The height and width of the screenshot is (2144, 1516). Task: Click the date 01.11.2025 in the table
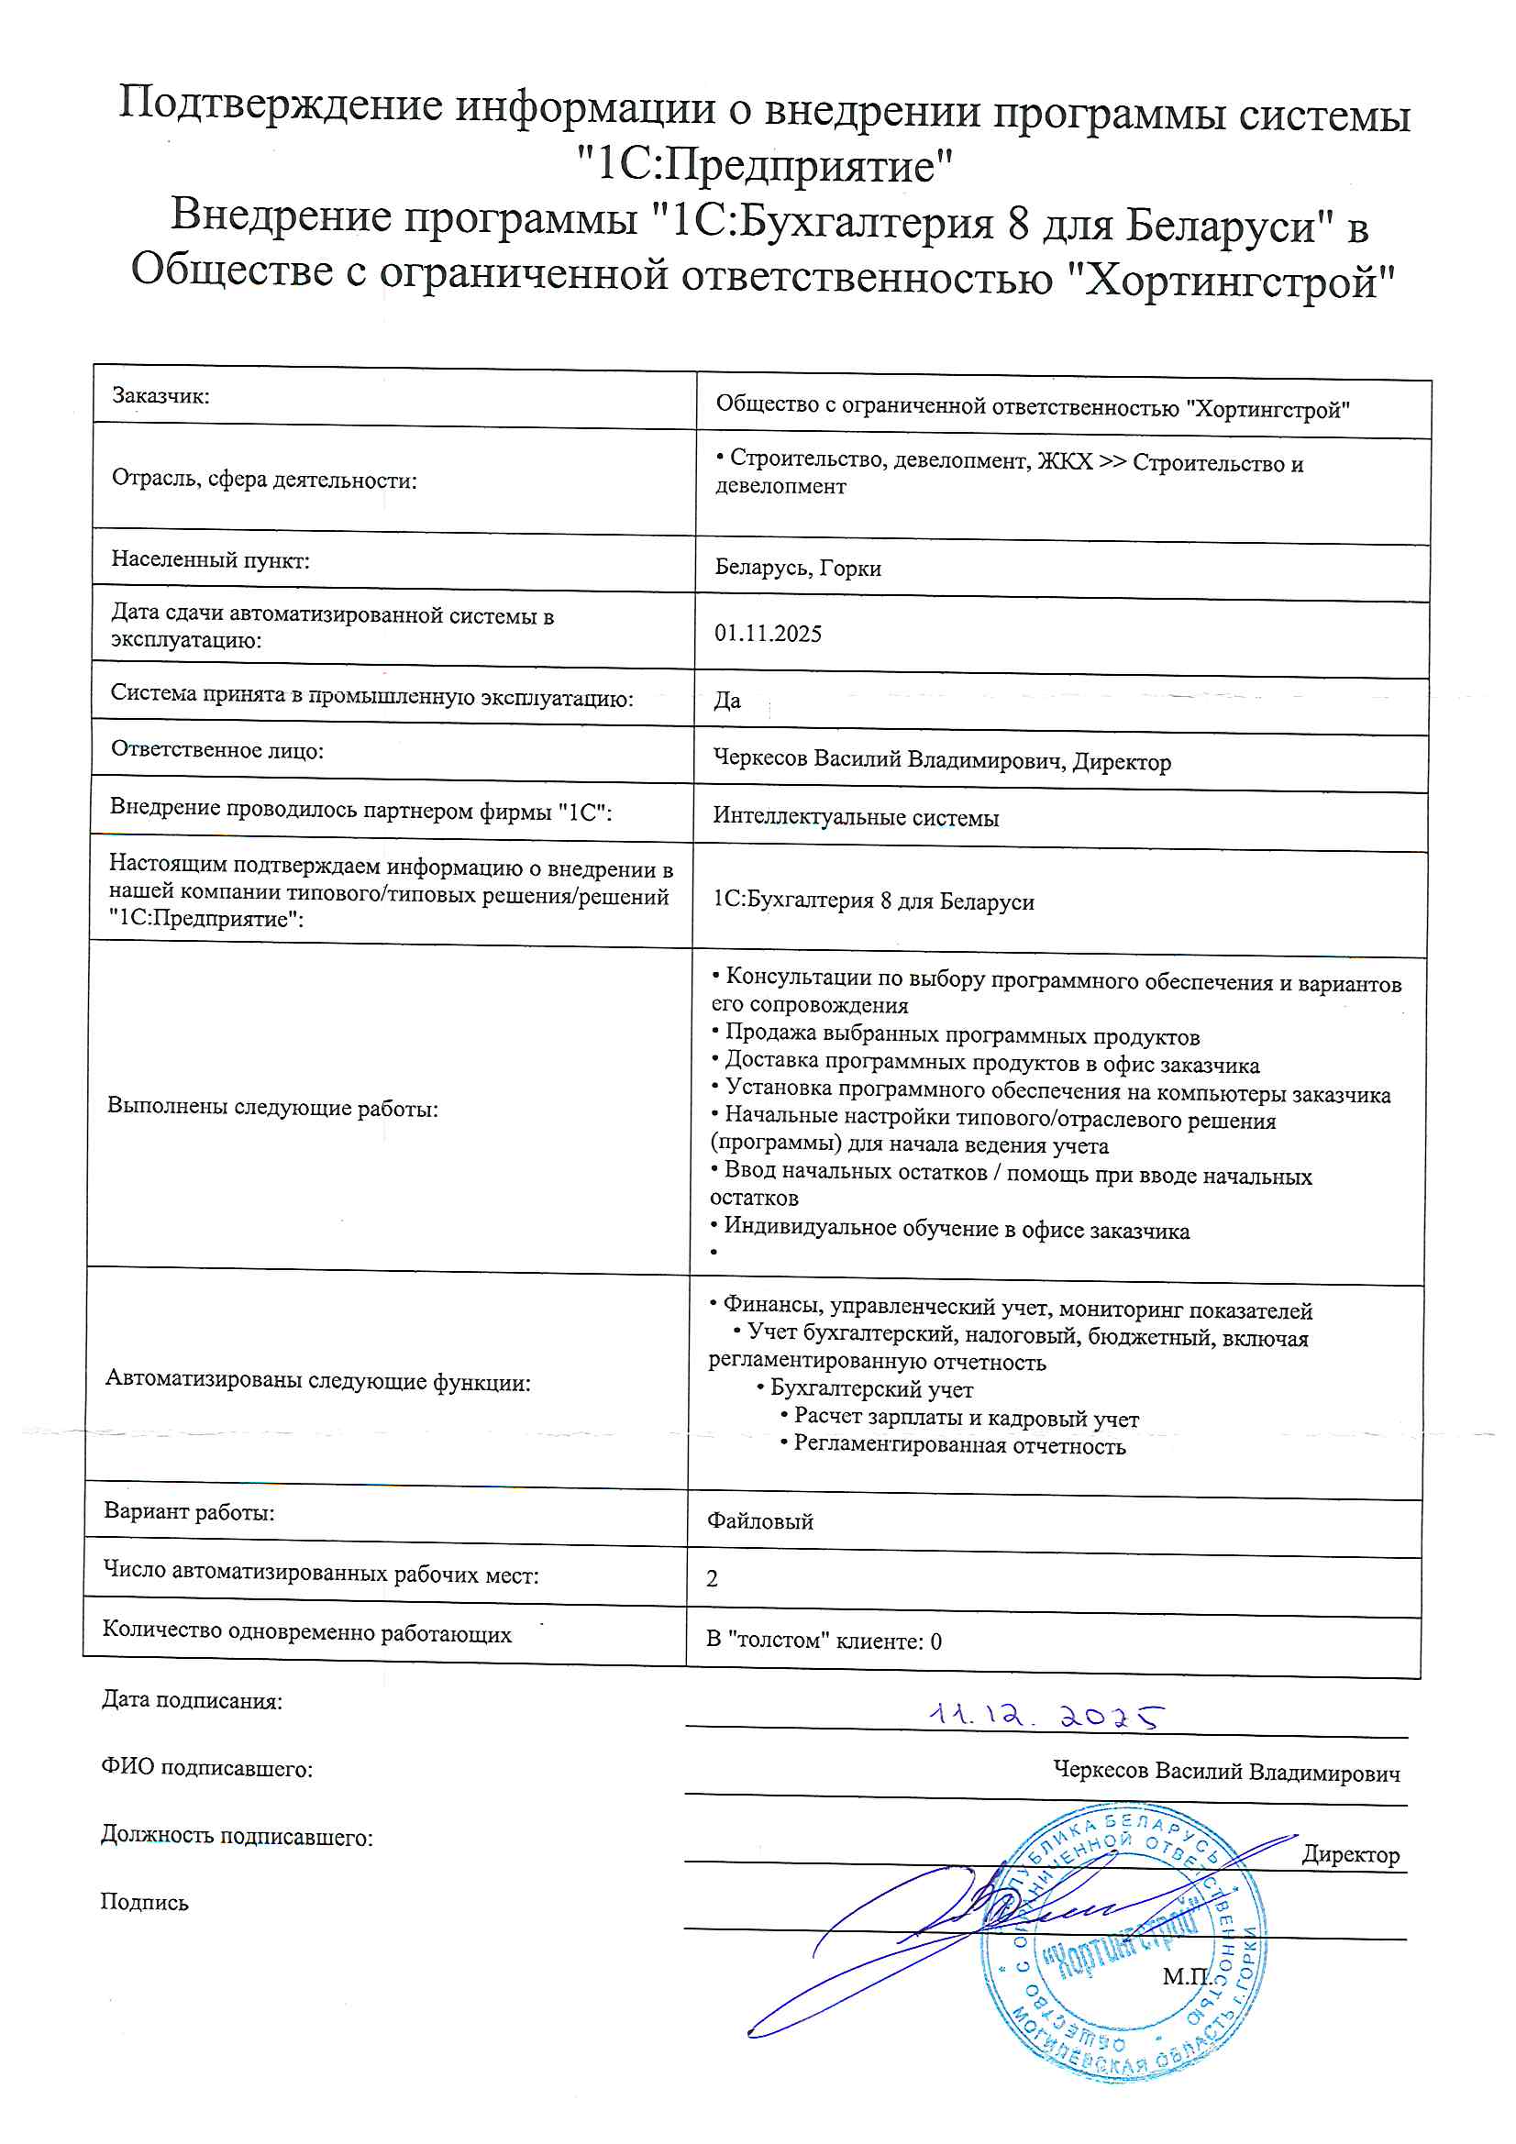coord(768,633)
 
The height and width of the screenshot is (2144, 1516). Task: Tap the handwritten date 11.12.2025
coord(1046,1717)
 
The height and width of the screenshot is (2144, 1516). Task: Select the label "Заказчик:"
coord(160,396)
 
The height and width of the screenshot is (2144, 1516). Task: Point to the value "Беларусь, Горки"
coord(798,568)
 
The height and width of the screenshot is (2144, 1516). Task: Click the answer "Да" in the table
coord(726,701)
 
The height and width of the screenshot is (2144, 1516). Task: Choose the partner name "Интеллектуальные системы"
coord(856,817)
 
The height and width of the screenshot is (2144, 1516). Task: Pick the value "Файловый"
coord(759,1521)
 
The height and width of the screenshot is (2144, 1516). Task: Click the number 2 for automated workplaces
coord(712,1578)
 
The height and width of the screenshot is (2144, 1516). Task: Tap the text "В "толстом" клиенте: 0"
coord(823,1641)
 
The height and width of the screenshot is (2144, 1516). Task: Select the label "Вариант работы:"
coord(189,1511)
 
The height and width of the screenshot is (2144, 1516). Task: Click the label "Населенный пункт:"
coord(210,559)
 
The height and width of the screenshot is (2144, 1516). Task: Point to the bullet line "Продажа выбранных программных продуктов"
coord(961,1035)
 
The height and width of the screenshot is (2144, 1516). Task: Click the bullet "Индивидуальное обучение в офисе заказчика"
coord(956,1229)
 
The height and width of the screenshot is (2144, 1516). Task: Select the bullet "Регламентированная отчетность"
coord(958,1445)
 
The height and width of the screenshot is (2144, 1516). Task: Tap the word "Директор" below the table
coord(1351,1854)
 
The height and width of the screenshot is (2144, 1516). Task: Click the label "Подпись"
coord(144,1902)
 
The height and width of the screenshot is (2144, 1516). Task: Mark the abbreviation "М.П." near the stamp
coord(1186,1975)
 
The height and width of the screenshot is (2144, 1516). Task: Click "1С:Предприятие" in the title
coord(764,165)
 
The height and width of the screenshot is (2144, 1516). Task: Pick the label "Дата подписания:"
coord(192,1699)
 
